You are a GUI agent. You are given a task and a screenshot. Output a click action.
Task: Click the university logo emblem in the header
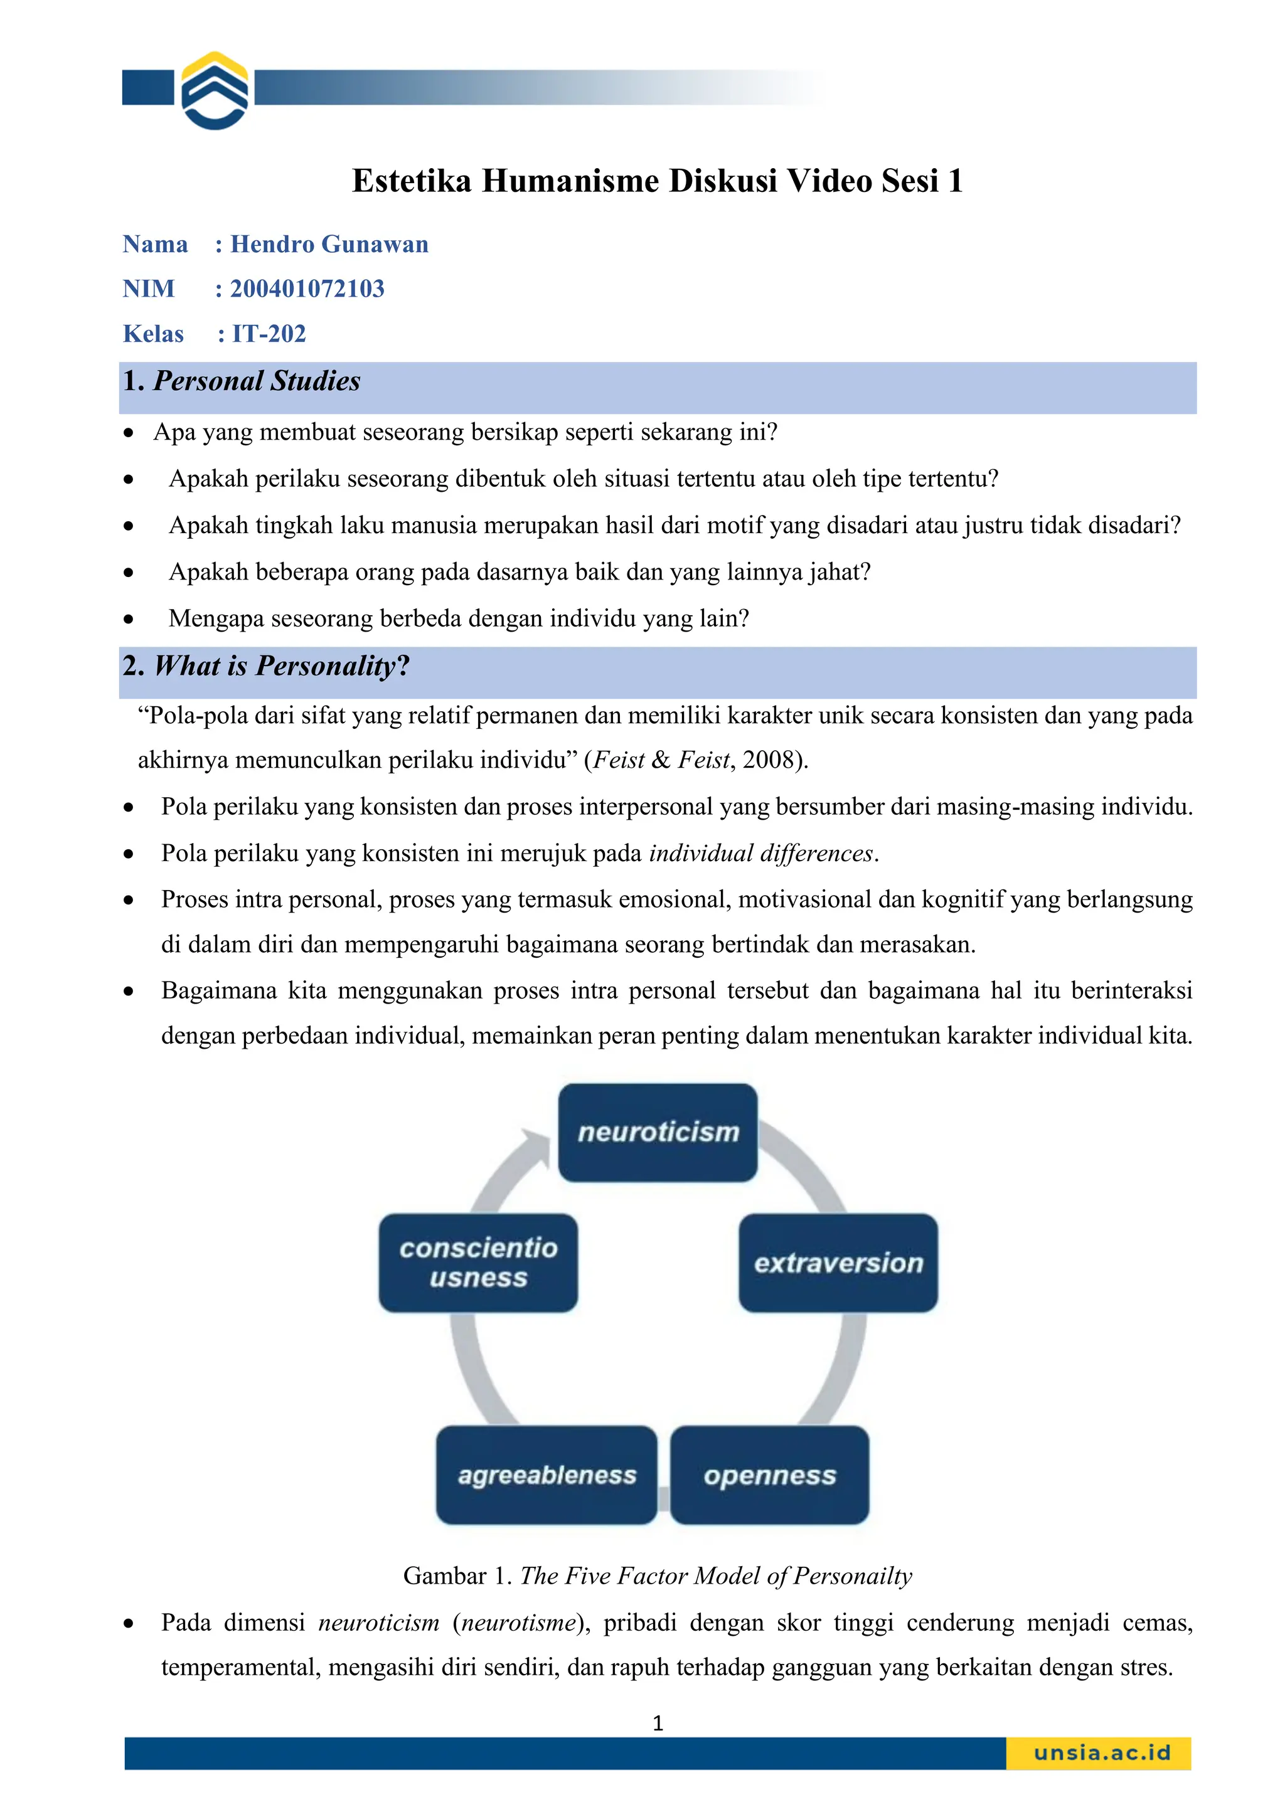[x=215, y=90]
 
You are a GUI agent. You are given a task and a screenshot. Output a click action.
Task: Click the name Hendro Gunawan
[x=329, y=244]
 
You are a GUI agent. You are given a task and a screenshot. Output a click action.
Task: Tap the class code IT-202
[x=269, y=333]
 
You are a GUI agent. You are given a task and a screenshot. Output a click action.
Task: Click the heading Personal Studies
[x=257, y=381]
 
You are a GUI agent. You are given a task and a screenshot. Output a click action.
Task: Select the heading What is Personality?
[x=281, y=665]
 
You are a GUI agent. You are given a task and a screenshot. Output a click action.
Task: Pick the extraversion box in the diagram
[x=838, y=1263]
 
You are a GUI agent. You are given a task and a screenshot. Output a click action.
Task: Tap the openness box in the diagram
[x=770, y=1475]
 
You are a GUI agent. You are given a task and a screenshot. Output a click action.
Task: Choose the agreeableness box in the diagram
[x=547, y=1475]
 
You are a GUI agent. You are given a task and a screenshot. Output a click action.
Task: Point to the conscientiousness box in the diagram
[x=478, y=1263]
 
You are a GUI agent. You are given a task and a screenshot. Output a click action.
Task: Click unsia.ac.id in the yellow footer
[x=1101, y=1752]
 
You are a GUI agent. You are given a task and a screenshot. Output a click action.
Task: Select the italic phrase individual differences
[x=761, y=853]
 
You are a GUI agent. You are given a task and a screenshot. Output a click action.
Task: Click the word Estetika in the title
[x=412, y=181]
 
